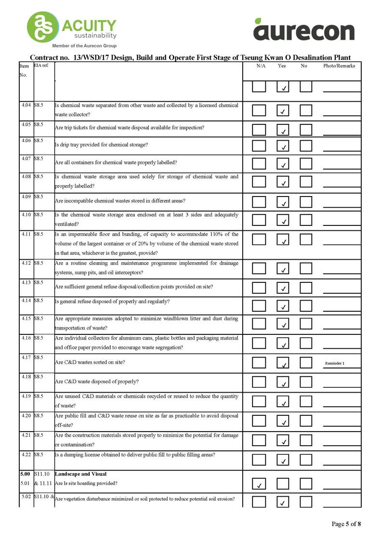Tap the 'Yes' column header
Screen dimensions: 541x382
pyautogui.click(x=282, y=66)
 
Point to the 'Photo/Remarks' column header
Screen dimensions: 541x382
pyautogui.click(x=339, y=66)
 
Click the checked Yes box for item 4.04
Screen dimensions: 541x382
pyautogui.click(x=283, y=110)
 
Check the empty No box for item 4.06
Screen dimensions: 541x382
pyautogui.click(x=306, y=145)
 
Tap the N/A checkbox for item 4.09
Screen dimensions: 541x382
pyautogui.click(x=259, y=201)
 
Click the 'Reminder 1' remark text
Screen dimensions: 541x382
pyautogui.click(x=335, y=363)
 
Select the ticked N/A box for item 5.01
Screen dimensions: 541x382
pyautogui.click(x=259, y=483)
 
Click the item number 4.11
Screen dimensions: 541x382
pyautogui.click(x=26, y=234)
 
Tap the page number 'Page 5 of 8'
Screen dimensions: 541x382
pyautogui.click(x=346, y=524)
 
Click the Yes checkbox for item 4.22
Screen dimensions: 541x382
pyautogui.click(x=283, y=459)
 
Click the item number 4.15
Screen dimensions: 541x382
pyautogui.click(x=26, y=318)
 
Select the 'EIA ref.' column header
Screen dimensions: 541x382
pyautogui.click(x=41, y=65)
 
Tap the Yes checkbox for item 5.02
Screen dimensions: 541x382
pyautogui.click(x=283, y=501)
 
